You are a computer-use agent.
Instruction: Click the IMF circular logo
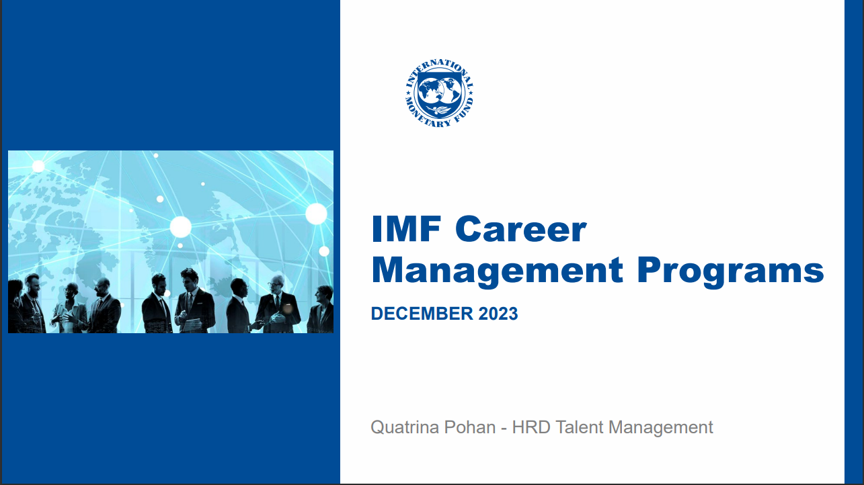(x=439, y=93)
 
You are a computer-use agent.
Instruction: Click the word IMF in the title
(x=407, y=229)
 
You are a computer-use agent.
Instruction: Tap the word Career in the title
(x=521, y=229)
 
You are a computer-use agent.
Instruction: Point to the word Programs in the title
(x=731, y=272)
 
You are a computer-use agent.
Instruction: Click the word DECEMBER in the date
(x=422, y=314)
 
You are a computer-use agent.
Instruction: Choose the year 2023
(x=498, y=314)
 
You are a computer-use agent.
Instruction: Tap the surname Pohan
(x=470, y=427)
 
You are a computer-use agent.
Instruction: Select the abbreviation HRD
(x=531, y=427)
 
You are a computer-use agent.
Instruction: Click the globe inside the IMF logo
(x=439, y=91)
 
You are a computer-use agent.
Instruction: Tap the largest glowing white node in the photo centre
(x=180, y=226)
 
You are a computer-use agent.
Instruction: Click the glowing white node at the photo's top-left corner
(x=38, y=166)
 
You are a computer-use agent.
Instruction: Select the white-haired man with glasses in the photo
(x=277, y=304)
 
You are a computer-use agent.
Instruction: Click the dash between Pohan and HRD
(x=504, y=429)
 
